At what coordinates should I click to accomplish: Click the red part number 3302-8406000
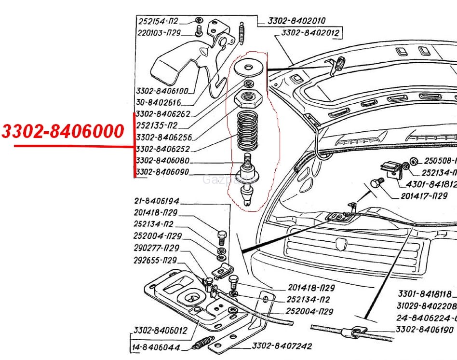pos(63,131)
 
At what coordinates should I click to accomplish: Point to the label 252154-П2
pos(158,21)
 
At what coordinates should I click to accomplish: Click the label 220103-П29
pos(159,33)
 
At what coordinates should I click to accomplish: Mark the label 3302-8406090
pos(162,172)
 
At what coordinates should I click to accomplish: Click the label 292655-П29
pos(155,260)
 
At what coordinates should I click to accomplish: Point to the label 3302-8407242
pos(282,346)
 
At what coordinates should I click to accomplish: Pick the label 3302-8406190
pos(425,330)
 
